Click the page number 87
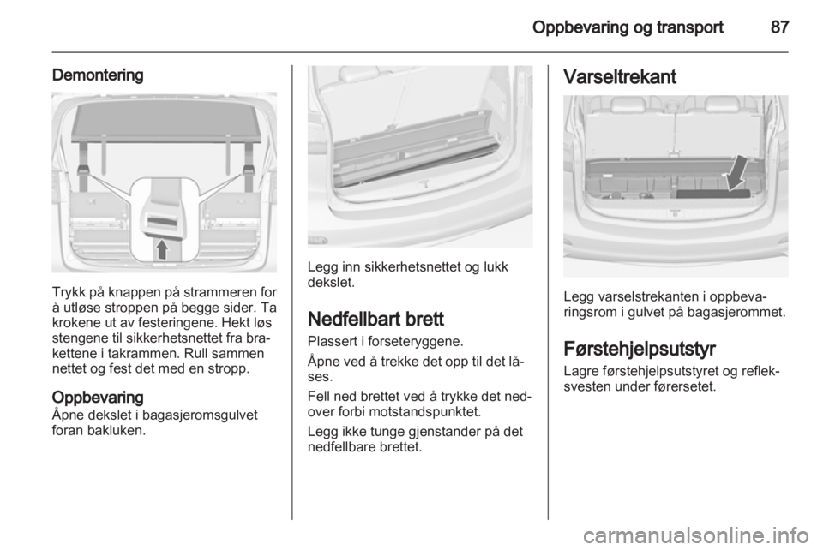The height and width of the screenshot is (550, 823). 780,27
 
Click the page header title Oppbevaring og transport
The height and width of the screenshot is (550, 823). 628,27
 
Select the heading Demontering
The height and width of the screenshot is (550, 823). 98,75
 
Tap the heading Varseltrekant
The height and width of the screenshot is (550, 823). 619,77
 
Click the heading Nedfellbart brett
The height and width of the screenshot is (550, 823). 375,319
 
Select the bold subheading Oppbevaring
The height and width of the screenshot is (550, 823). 98,397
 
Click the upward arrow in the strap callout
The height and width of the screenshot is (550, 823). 162,249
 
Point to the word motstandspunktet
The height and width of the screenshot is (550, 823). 425,411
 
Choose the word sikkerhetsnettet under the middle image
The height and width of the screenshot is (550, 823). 406,267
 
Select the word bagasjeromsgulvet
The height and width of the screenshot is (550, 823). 200,415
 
